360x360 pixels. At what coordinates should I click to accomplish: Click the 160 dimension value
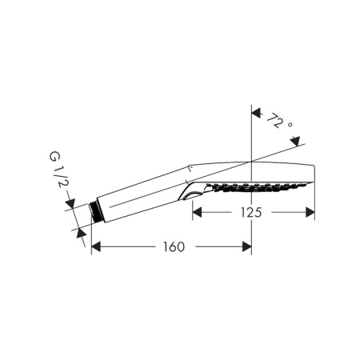tap(174, 247)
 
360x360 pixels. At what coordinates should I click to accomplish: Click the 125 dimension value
tap(251, 213)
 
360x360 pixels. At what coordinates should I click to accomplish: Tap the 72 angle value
tap(274, 120)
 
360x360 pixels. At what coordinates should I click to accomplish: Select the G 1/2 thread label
tap(57, 170)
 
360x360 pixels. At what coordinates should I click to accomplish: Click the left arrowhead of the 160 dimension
tap(96, 246)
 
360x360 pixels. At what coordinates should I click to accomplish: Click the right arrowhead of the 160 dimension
tap(247, 246)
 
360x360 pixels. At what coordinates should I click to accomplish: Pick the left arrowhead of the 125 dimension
tap(197, 212)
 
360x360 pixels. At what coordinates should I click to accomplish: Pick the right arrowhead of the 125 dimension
tap(310, 212)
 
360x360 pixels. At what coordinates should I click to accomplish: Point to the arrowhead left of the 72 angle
tap(256, 113)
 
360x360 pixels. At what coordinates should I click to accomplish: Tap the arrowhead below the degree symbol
tap(295, 142)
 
